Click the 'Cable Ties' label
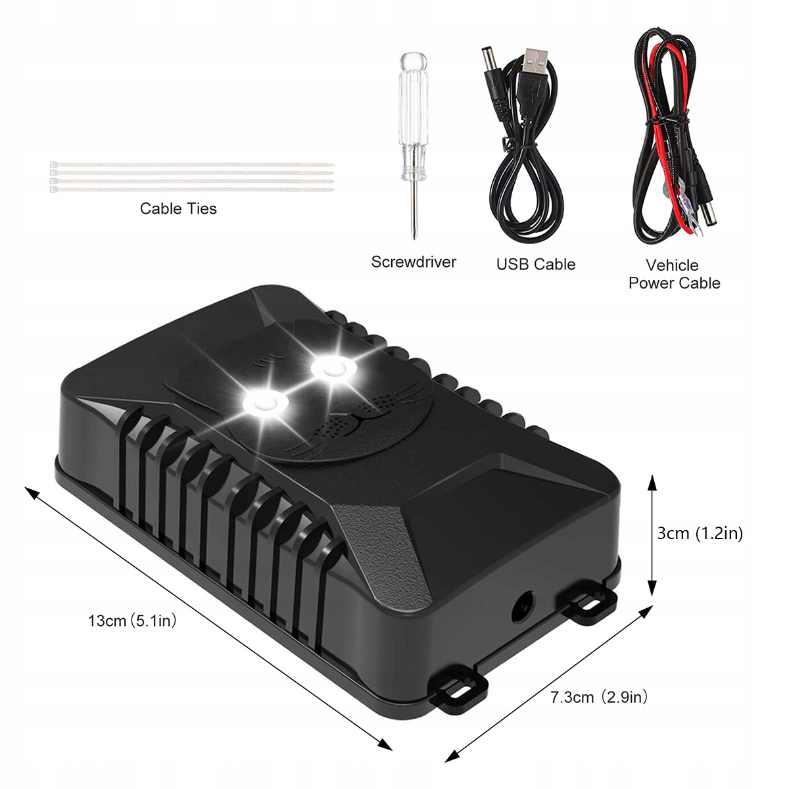178,208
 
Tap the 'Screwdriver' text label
414,262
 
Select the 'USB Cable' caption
536,264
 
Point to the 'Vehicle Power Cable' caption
673,274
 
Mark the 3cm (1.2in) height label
700,533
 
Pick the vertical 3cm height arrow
652,537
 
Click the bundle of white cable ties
191,177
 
